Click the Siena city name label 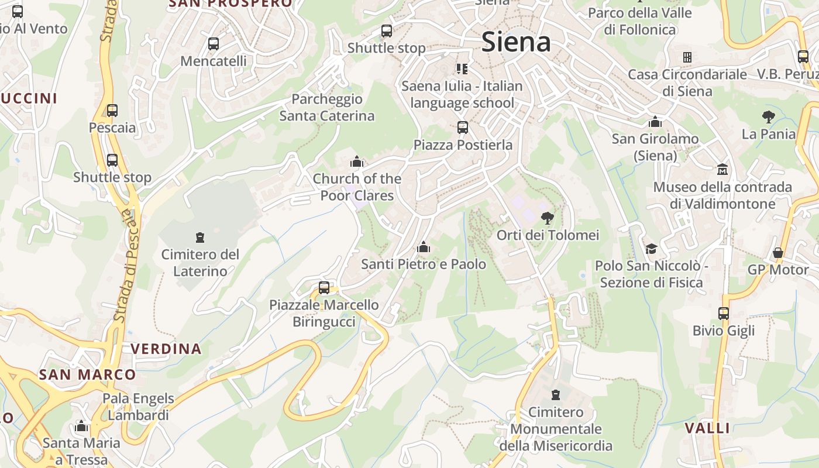pos(516,42)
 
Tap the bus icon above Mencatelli pos(214,44)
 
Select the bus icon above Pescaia pos(112,111)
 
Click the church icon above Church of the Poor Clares pos(356,161)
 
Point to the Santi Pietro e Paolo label pos(424,264)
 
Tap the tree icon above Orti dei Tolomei pos(548,218)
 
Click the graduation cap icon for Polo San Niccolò pos(651,249)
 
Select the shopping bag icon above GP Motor pos(777,253)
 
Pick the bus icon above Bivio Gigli pos(724,314)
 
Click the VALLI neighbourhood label pos(708,428)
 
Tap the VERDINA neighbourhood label pos(166,349)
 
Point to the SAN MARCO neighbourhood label pos(88,374)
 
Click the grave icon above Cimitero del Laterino pos(200,238)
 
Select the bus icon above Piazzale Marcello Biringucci pos(324,288)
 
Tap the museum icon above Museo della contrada pos(722,170)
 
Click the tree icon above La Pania pos(768,117)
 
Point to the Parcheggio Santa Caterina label pos(327,108)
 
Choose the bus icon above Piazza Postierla pos(463,127)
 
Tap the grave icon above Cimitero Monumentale pos(556,395)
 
